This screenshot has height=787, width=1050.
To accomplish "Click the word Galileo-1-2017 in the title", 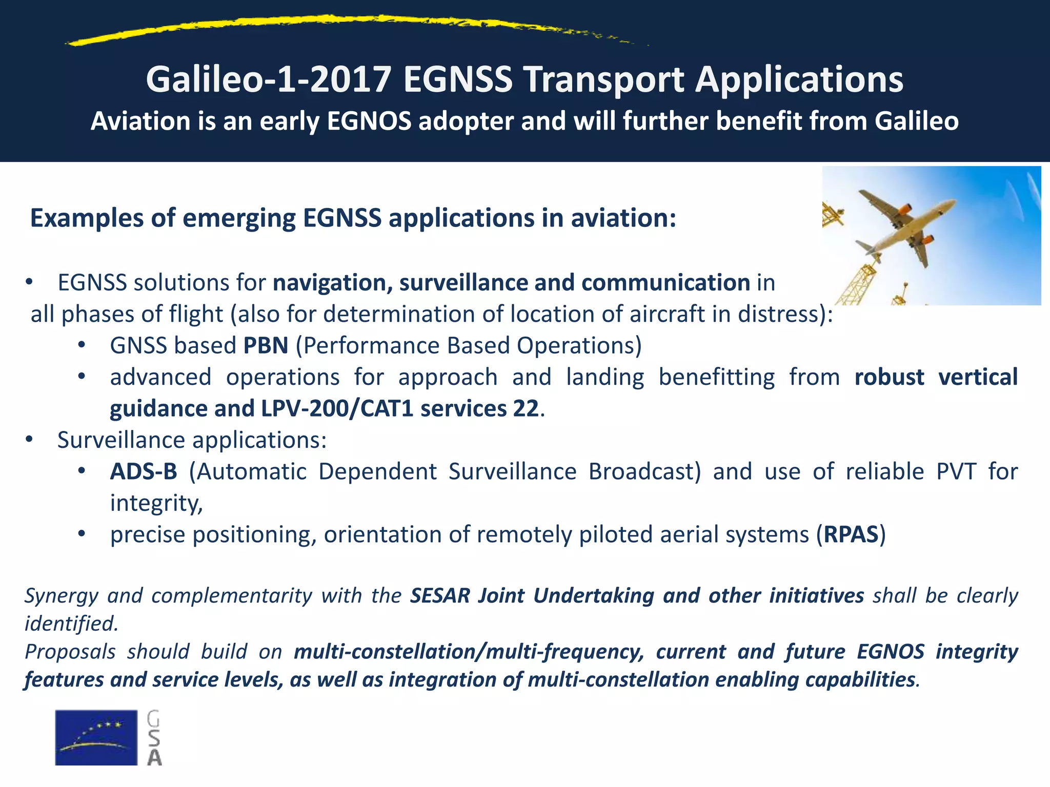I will (x=269, y=79).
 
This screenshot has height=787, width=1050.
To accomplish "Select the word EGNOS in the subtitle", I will (x=369, y=121).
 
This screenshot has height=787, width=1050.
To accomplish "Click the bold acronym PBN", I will (x=266, y=345).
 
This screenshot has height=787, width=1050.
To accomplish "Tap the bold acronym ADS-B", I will (x=144, y=471).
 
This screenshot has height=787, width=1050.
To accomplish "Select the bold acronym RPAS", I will (x=851, y=534).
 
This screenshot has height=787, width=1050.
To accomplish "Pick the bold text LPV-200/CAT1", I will (x=337, y=409).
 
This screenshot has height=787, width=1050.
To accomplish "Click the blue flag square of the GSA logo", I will (x=96, y=737).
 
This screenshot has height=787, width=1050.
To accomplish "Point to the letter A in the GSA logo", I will (x=154, y=758).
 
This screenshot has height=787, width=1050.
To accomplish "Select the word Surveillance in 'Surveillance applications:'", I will (x=121, y=440).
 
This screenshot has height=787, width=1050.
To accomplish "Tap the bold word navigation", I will (x=332, y=283).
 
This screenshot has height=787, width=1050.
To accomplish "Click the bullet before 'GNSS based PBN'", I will (x=81, y=345).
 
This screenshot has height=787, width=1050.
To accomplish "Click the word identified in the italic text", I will (x=71, y=624).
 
